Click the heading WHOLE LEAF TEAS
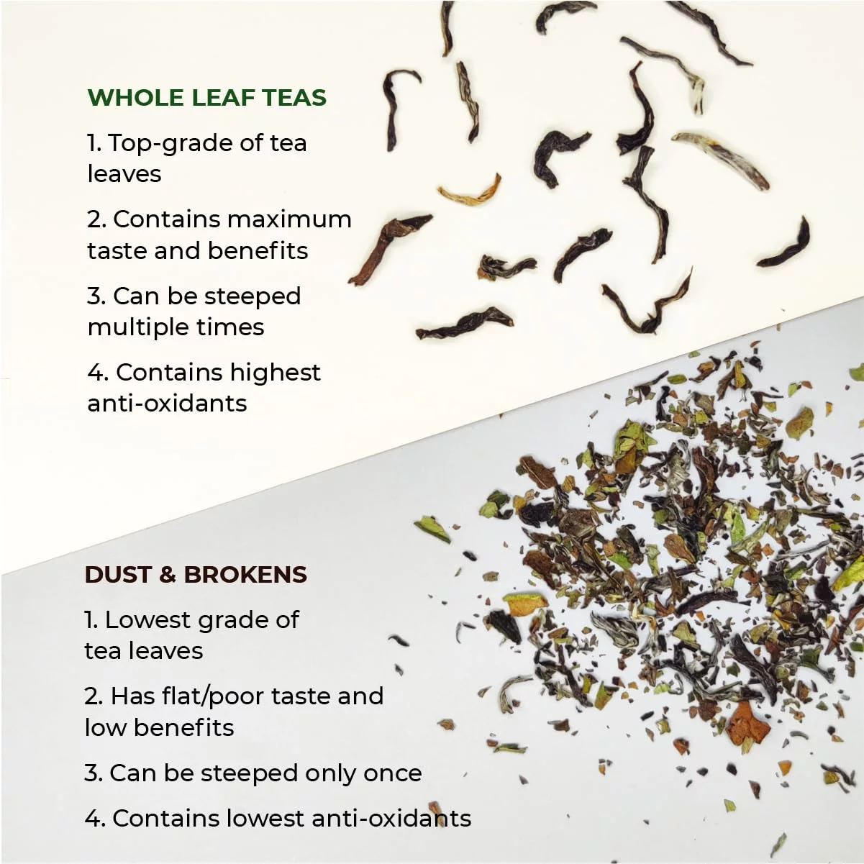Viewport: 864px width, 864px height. [206, 97]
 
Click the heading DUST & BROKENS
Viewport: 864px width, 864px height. [196, 574]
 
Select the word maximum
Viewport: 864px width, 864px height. [289, 219]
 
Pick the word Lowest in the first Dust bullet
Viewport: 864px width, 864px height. [147, 619]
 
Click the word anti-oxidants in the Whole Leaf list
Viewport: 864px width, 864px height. [167, 403]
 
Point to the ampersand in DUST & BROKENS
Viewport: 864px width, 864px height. [167, 574]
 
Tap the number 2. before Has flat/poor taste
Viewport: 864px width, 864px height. [94, 696]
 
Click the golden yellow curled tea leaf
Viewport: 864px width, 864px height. [470, 192]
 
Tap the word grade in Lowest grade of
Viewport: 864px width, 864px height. [229, 620]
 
